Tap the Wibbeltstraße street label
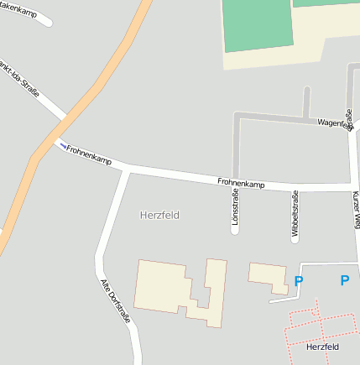click(295, 216)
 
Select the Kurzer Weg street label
click(356, 210)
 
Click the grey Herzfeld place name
click(159, 215)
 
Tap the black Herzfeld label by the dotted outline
click(322, 347)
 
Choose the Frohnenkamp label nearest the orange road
click(89, 154)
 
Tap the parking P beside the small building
click(299, 281)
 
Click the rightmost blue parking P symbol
click(344, 280)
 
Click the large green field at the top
click(258, 23)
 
